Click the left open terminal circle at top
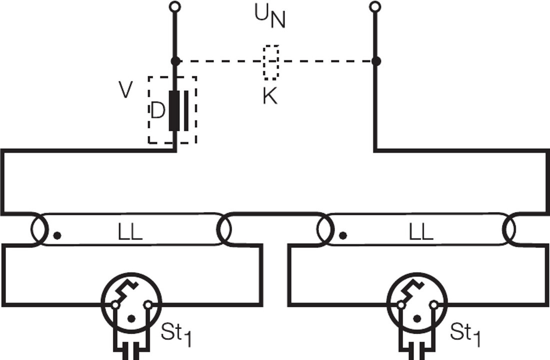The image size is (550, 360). (174, 6)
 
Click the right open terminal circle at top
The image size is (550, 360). (375, 6)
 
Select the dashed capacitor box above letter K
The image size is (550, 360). (271, 62)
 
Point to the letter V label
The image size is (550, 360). (126, 90)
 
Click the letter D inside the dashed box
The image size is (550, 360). (157, 111)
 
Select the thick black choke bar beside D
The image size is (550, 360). (174, 110)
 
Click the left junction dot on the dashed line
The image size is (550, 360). (175, 61)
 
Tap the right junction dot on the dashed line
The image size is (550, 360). (376, 61)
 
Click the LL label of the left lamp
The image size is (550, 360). (129, 232)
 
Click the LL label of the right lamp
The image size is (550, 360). (420, 232)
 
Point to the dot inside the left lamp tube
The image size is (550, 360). (57, 235)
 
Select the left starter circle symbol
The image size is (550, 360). (131, 302)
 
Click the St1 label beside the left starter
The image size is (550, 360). (176, 334)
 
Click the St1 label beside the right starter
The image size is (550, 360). (465, 334)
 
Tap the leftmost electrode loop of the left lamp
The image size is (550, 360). (39, 230)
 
